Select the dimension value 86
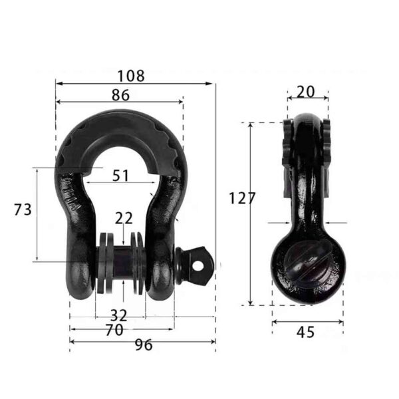coord(120,95)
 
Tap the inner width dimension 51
coord(120,176)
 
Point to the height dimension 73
coord(23,209)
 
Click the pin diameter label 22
coord(124,217)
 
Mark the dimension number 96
coord(144,345)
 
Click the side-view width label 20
coord(306,92)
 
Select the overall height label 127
coord(241,198)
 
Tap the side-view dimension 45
coord(306,331)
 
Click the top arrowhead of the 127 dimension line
coord(251,125)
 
